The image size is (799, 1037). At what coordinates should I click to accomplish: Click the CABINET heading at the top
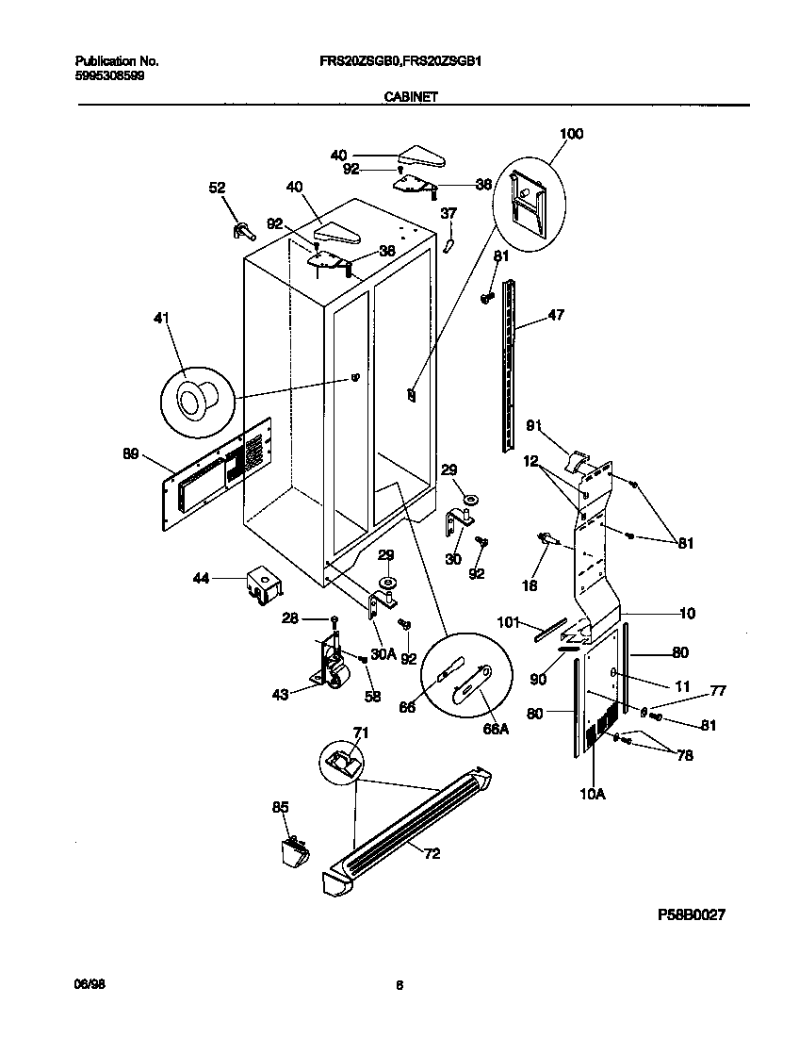click(408, 96)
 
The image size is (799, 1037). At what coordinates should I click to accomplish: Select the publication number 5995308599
click(111, 75)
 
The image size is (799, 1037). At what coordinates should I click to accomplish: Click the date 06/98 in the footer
click(88, 984)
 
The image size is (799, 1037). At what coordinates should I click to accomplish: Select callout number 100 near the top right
click(571, 134)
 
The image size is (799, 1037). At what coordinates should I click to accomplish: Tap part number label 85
click(280, 807)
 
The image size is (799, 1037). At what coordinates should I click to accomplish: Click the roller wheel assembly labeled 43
click(330, 666)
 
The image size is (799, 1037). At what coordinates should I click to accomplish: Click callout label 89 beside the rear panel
click(130, 454)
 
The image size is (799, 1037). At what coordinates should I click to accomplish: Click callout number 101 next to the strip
click(508, 621)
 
